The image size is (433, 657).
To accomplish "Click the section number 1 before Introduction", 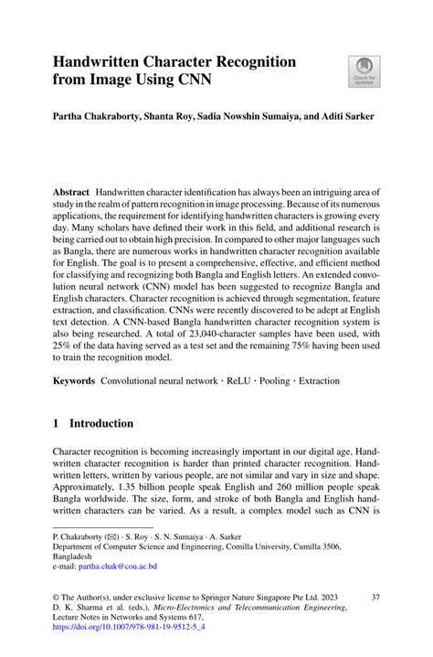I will click(x=57, y=424).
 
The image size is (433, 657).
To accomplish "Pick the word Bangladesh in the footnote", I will click(x=78, y=555).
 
